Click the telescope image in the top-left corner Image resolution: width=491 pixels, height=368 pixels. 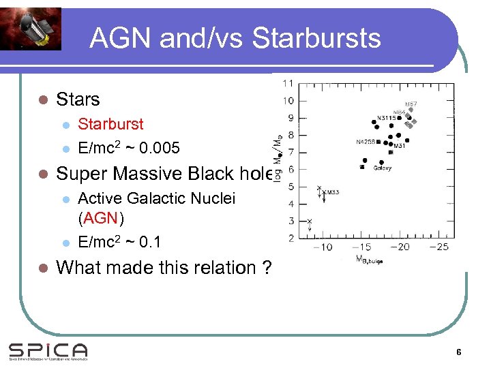tap(30, 29)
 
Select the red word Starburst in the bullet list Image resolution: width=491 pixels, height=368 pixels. tap(110, 124)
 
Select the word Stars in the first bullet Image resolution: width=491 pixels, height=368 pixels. tap(78, 99)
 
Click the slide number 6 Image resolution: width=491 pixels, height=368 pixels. tap(459, 352)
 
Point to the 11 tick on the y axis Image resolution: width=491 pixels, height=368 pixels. tap(288, 83)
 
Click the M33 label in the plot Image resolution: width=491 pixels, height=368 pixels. tap(332, 193)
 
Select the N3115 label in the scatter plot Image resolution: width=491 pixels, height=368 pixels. tap(386, 118)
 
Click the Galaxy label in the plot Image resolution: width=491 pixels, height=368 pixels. tap(382, 168)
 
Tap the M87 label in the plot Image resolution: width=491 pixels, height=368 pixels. tap(411, 104)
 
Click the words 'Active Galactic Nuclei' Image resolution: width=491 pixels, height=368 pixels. tap(156, 198)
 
